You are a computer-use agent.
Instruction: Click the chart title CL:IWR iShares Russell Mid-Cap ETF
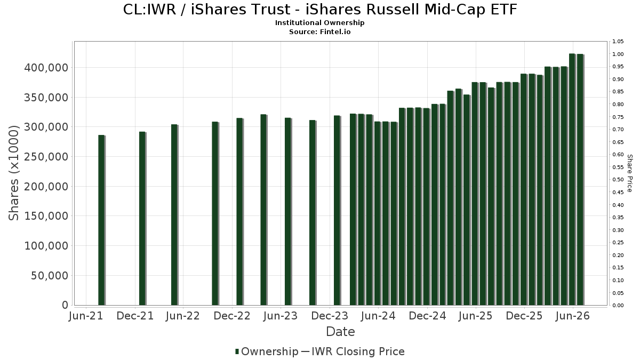pyautogui.click(x=320, y=10)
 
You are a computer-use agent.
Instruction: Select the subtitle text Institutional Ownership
pyautogui.click(x=319, y=23)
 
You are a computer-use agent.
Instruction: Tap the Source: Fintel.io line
pyautogui.click(x=319, y=31)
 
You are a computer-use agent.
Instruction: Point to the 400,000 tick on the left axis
pyautogui.click(x=46, y=68)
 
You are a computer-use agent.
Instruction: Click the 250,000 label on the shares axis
pyautogui.click(x=46, y=157)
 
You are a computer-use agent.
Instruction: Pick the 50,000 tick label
pyautogui.click(x=50, y=275)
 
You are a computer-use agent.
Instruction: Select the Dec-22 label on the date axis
pyautogui.click(x=232, y=316)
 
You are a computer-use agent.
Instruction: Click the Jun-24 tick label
pyautogui.click(x=378, y=316)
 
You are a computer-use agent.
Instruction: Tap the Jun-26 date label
pyautogui.click(x=573, y=316)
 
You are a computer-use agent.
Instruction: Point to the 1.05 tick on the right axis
pyautogui.click(x=618, y=42)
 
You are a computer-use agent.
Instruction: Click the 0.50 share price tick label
pyautogui.click(x=618, y=180)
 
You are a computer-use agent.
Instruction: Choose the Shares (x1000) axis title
pyautogui.click(x=13, y=173)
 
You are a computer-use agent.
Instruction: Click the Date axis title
pyautogui.click(x=340, y=332)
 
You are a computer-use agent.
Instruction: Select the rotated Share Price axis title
pyautogui.click(x=629, y=173)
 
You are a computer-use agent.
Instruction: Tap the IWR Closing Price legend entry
pyautogui.click(x=353, y=351)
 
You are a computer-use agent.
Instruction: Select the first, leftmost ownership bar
pyautogui.click(x=102, y=220)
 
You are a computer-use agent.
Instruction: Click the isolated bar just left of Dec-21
pyautogui.click(x=142, y=219)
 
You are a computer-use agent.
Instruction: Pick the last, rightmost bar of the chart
pyautogui.click(x=581, y=180)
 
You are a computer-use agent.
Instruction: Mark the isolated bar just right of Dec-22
pyautogui.click(x=239, y=212)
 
